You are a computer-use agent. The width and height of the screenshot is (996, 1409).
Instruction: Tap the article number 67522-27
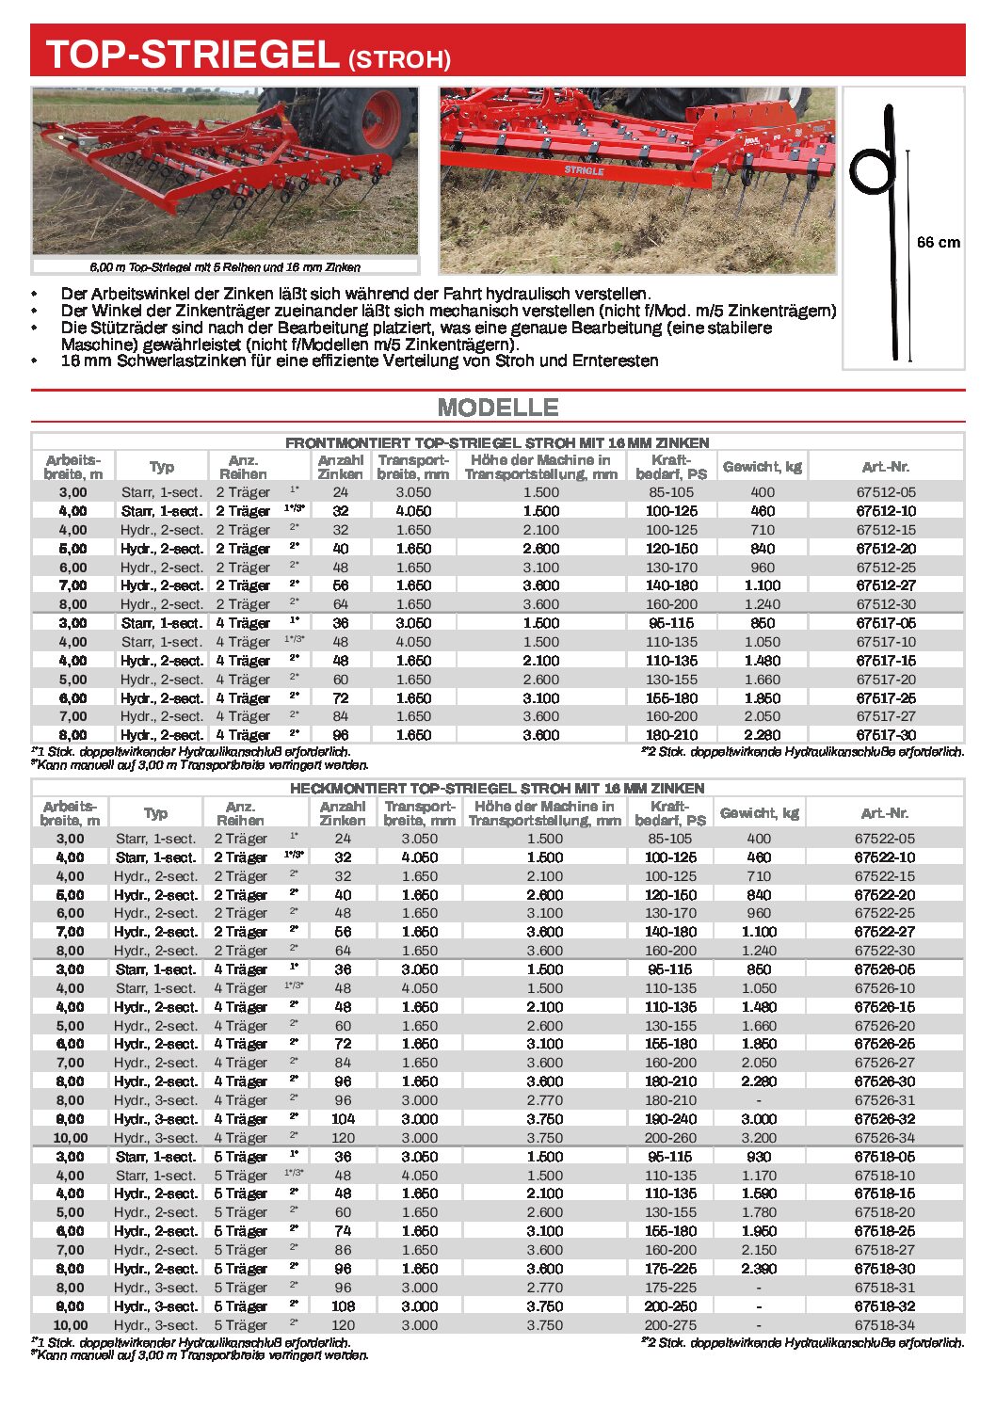884,932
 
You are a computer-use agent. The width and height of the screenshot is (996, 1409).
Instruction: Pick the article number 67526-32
884,1119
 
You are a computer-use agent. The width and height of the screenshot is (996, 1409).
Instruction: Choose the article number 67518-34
884,1325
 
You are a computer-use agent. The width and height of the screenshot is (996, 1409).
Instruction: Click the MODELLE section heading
498,408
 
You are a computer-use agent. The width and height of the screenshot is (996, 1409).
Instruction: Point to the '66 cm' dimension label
938,242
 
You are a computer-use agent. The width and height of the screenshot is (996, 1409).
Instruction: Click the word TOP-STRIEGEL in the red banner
192,55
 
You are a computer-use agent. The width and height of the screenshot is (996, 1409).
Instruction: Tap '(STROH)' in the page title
399,59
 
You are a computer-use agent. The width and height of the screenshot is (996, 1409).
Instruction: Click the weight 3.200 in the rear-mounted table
759,1138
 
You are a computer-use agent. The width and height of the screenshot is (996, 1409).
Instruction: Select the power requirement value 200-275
670,1325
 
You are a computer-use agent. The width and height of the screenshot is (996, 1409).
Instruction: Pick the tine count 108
343,1306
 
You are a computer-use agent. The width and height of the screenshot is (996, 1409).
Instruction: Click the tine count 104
343,1119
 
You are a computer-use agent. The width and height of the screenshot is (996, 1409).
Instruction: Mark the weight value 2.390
759,1269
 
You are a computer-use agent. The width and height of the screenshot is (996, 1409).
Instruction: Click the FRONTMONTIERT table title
497,442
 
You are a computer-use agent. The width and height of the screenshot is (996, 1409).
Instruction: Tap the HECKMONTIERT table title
497,789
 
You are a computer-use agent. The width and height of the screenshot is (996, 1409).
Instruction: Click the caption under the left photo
225,267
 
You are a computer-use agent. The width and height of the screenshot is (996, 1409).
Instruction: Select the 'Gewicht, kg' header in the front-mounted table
763,467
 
